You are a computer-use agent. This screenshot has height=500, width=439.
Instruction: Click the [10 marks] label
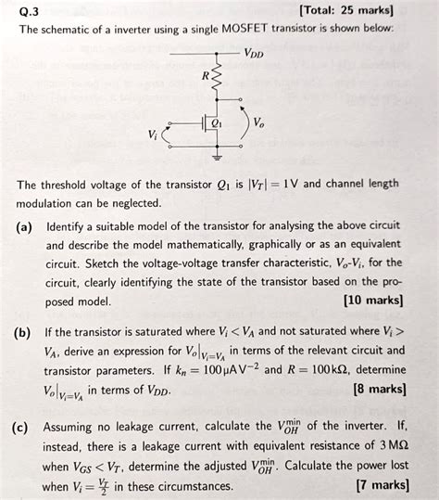click(x=373, y=300)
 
